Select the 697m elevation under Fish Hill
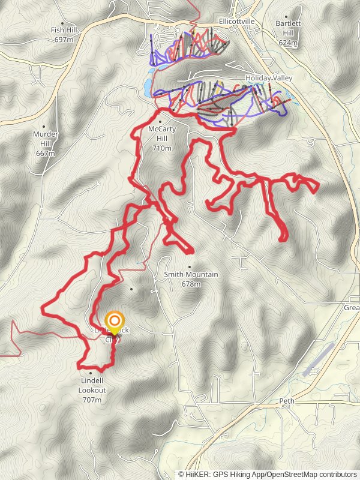(x=63, y=39)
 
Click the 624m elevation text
(x=288, y=43)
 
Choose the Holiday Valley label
(x=268, y=78)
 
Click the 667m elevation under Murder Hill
(x=46, y=154)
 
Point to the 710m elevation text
(x=162, y=148)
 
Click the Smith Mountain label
(x=191, y=275)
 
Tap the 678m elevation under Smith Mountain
(x=191, y=284)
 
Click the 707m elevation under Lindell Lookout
(x=92, y=400)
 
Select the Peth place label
(x=286, y=400)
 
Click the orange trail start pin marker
(x=114, y=322)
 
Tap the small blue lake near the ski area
(x=147, y=88)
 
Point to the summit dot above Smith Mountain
(x=190, y=267)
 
